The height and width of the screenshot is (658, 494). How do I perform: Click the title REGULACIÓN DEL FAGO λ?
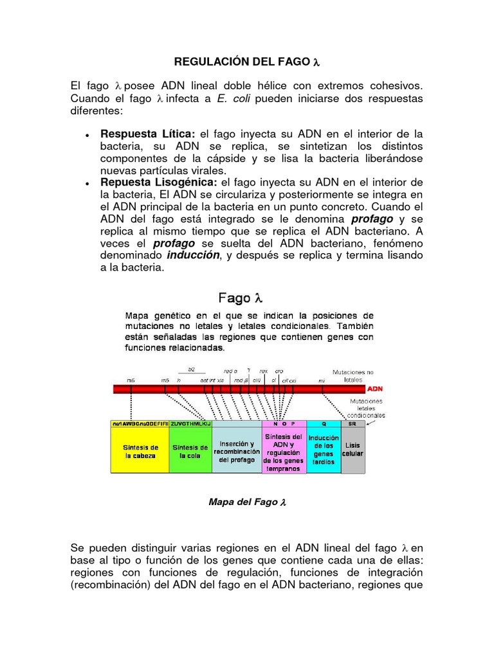point(247,62)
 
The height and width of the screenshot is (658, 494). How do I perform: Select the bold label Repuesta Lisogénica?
point(159,182)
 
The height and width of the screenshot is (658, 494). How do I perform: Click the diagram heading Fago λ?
point(241,298)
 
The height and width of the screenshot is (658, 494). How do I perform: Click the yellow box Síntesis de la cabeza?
point(140,451)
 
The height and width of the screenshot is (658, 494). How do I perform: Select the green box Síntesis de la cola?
point(190,451)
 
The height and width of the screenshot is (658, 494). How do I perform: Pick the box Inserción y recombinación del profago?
point(237,451)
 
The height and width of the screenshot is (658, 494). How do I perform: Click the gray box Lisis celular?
point(352,449)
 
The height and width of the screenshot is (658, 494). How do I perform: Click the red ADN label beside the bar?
point(375,389)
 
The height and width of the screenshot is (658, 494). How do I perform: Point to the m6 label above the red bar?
point(131,380)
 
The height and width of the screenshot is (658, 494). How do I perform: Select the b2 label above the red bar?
point(191,369)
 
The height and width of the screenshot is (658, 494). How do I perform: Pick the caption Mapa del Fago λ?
point(247,502)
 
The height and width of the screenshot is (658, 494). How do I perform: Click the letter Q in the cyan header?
point(323,423)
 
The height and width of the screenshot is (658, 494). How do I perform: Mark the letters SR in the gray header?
point(352,423)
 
